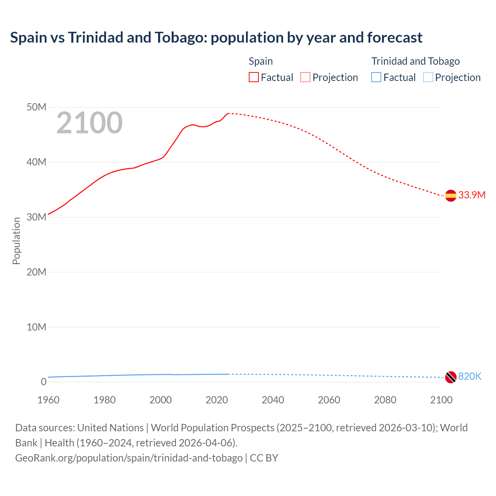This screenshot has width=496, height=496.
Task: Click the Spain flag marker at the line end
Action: (451, 196)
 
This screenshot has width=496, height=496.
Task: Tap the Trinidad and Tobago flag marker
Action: (451, 377)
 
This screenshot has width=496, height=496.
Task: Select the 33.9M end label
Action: (472, 195)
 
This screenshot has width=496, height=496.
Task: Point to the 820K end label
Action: (470, 376)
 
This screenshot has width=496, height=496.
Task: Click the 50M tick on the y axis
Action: (36, 107)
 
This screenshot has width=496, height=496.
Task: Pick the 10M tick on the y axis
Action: (36, 327)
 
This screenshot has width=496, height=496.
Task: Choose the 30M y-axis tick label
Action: (36, 217)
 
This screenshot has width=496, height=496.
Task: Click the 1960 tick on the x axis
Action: (48, 400)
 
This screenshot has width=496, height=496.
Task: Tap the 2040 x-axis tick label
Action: (273, 400)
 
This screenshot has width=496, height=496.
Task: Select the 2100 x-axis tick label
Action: (441, 400)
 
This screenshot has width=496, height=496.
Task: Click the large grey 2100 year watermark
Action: (90, 123)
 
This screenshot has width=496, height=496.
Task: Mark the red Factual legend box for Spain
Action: (253, 77)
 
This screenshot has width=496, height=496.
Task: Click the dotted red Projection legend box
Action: (305, 77)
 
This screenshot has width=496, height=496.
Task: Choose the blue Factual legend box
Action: (376, 77)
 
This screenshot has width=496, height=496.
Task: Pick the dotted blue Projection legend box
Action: (428, 77)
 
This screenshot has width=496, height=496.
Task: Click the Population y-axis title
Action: (16, 241)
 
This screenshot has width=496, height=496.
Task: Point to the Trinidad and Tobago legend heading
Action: (415, 61)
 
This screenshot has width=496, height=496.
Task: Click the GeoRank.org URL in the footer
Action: (129, 458)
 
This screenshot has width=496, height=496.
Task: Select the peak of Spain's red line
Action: (229, 113)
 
